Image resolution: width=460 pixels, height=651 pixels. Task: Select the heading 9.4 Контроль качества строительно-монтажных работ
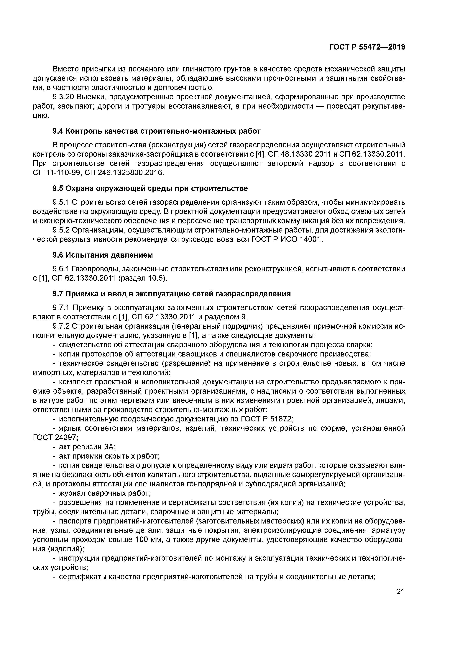(x=156, y=131)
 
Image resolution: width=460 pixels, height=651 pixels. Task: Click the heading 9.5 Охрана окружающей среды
(x=150, y=188)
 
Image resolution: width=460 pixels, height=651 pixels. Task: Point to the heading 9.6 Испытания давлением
(x=103, y=255)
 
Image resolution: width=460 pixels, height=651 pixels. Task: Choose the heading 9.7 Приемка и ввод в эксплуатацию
(x=172, y=294)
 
